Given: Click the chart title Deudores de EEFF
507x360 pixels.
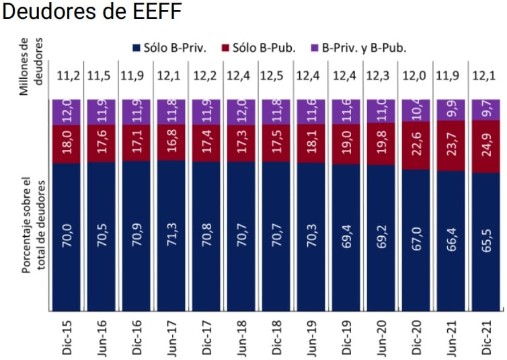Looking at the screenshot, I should point(92,13).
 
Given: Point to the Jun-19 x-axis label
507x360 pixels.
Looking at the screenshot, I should point(309,335).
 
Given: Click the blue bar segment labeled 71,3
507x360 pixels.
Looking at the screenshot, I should point(170,236).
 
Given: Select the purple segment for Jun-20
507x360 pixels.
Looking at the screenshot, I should point(379,111).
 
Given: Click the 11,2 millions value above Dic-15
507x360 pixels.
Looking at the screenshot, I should point(67,75).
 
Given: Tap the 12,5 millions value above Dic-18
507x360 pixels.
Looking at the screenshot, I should point(274,75).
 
